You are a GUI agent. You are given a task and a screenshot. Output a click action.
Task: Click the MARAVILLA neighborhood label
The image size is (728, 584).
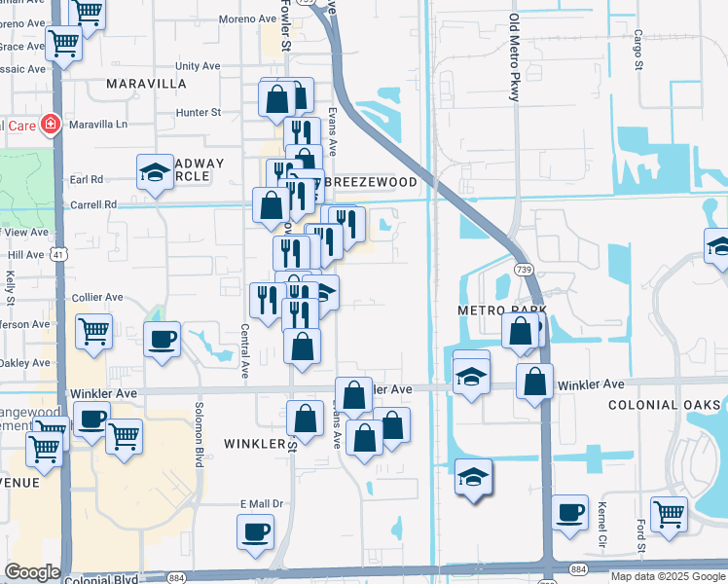[x=146, y=84]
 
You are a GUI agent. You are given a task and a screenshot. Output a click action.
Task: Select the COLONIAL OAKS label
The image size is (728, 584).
[x=665, y=405]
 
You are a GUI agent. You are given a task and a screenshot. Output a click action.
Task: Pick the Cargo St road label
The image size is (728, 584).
[x=639, y=50]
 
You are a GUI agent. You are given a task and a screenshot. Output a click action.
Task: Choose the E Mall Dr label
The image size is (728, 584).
[x=260, y=503]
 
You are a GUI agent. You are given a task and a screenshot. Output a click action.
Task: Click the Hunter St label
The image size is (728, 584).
[x=200, y=113]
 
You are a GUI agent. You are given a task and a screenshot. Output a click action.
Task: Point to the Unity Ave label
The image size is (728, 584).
[x=198, y=66]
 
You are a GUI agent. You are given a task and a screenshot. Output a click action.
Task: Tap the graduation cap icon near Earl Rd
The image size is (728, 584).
[x=155, y=172]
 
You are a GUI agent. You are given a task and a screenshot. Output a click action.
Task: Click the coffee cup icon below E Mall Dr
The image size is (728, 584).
[x=256, y=531]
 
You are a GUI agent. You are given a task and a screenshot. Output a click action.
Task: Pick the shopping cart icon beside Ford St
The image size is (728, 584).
[x=669, y=512]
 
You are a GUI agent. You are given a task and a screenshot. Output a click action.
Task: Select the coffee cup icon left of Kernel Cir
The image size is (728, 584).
[x=569, y=511]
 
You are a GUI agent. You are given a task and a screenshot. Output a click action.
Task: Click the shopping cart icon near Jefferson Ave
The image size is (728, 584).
[x=93, y=331]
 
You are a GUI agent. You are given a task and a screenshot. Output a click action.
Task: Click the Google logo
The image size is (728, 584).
[x=32, y=571]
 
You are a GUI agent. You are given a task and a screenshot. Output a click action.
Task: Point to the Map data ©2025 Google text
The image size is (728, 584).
[x=667, y=576]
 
